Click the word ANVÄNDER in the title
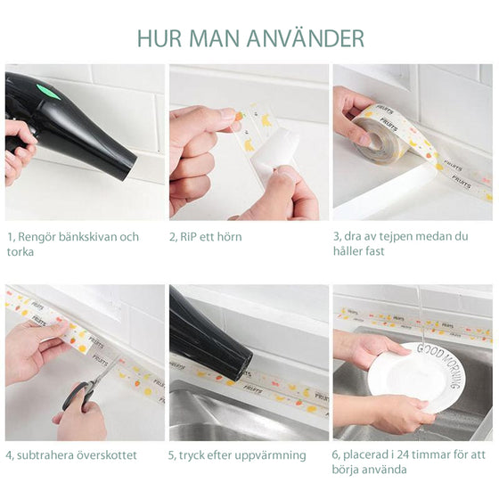(x=305, y=38)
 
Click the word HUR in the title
(x=160, y=38)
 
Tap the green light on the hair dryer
(x=48, y=91)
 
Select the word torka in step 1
(x=20, y=251)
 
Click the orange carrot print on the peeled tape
(x=239, y=116)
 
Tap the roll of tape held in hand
(x=376, y=134)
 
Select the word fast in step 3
(x=375, y=251)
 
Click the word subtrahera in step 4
(x=45, y=455)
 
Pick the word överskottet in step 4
(x=107, y=455)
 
